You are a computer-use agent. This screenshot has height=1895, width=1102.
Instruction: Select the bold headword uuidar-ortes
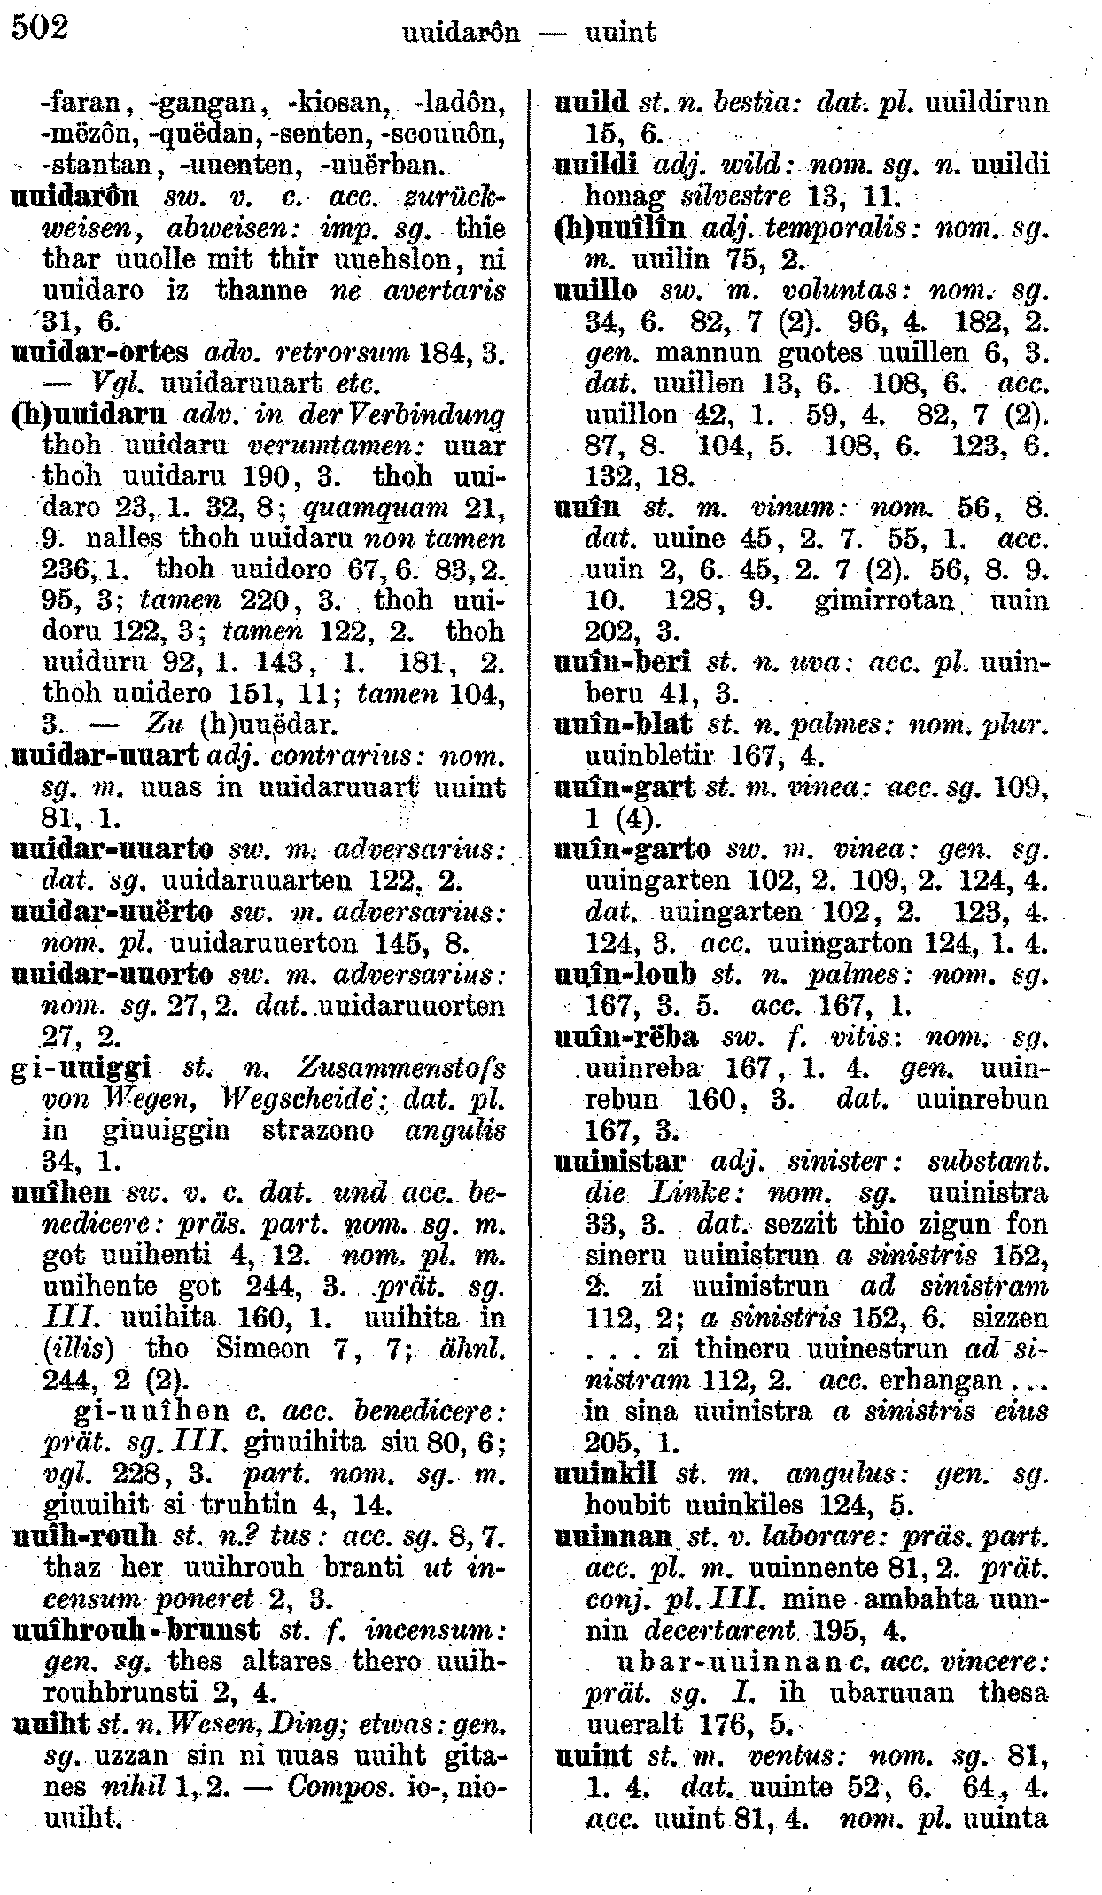tap(102, 353)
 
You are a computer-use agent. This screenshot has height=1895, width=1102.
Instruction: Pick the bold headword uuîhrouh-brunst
tap(138, 1630)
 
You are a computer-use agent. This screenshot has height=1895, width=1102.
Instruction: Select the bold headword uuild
tap(591, 103)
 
